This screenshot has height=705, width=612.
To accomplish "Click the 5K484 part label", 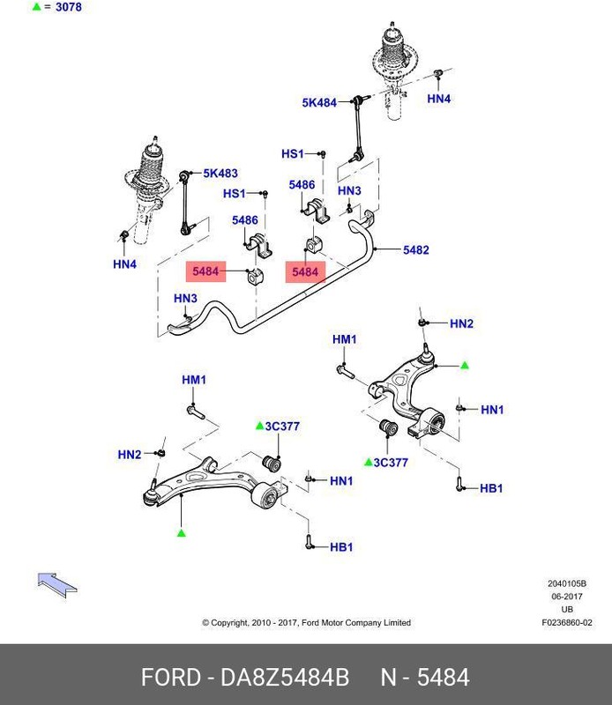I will pos(319,102).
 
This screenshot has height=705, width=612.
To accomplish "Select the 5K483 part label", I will pos(220,174).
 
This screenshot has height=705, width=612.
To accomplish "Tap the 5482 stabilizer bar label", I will pos(415,250).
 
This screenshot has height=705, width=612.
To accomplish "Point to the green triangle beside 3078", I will pos(36,8).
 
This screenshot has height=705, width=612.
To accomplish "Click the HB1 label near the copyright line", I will pos(340,547).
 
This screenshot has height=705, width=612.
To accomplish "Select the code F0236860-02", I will pos(567,622).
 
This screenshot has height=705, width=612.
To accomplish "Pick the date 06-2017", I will pos(567,597).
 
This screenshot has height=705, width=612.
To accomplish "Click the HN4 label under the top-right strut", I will pos(438,100).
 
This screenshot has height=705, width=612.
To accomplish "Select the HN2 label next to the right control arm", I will pos(461,324).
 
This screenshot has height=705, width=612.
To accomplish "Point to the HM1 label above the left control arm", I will pos(193,380).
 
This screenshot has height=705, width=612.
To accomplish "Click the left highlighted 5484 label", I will pos(205,271).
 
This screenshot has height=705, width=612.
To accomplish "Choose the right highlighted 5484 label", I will pos(304,272).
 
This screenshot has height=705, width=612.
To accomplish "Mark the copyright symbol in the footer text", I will pos(205,622).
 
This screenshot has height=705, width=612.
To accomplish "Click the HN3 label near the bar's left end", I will pos(185,298).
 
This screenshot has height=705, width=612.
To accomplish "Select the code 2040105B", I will pos(567,583).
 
